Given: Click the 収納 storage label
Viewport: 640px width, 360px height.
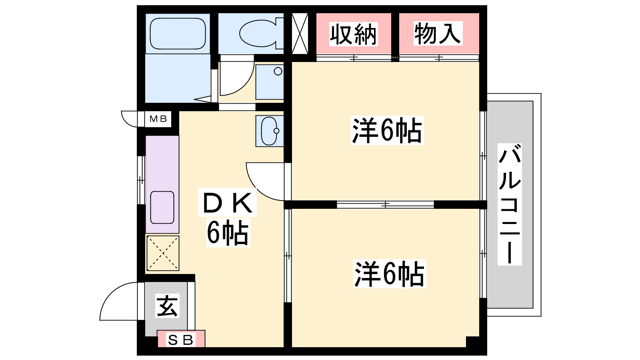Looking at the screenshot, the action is [354, 34].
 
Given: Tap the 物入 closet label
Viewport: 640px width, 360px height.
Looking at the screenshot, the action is [438, 34].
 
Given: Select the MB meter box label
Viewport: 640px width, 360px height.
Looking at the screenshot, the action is [158, 119].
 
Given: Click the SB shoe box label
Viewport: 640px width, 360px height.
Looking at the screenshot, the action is [180, 340].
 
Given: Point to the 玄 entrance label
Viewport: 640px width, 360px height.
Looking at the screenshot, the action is [167, 306].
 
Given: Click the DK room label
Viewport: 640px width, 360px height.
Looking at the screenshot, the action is [228, 202].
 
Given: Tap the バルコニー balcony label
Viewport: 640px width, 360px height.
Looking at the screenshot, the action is [510, 204].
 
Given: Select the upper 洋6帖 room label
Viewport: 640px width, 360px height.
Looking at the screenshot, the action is [387, 130].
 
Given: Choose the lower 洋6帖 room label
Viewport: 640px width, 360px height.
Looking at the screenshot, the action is [390, 274].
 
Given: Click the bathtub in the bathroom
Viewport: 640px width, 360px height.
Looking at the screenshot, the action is [178, 34].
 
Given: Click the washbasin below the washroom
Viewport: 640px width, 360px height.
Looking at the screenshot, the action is [270, 131].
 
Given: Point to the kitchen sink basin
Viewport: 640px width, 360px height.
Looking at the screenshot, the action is [162, 207].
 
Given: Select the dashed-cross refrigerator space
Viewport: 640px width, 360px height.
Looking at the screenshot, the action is [163, 253].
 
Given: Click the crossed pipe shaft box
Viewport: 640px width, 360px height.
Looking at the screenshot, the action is [300, 34].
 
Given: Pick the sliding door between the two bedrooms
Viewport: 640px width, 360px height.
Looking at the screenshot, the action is [386, 204].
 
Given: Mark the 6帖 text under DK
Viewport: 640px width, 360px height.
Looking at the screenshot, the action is [228, 232].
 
